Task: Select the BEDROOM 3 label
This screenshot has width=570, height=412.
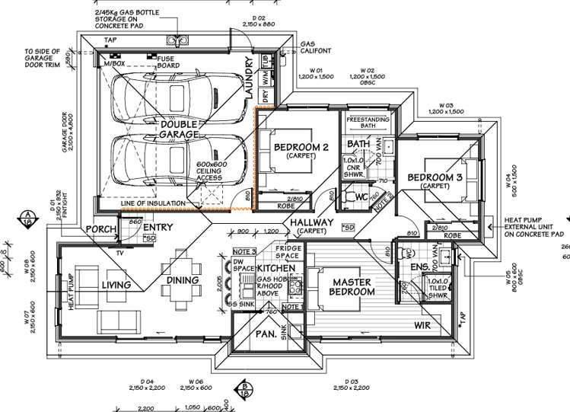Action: pos(435,178)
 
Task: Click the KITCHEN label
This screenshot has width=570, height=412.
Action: pos(275,269)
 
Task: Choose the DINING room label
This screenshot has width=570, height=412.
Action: pos(183,280)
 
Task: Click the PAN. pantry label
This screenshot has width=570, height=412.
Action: pos(264,334)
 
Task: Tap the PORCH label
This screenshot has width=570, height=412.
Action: pos(100,228)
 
